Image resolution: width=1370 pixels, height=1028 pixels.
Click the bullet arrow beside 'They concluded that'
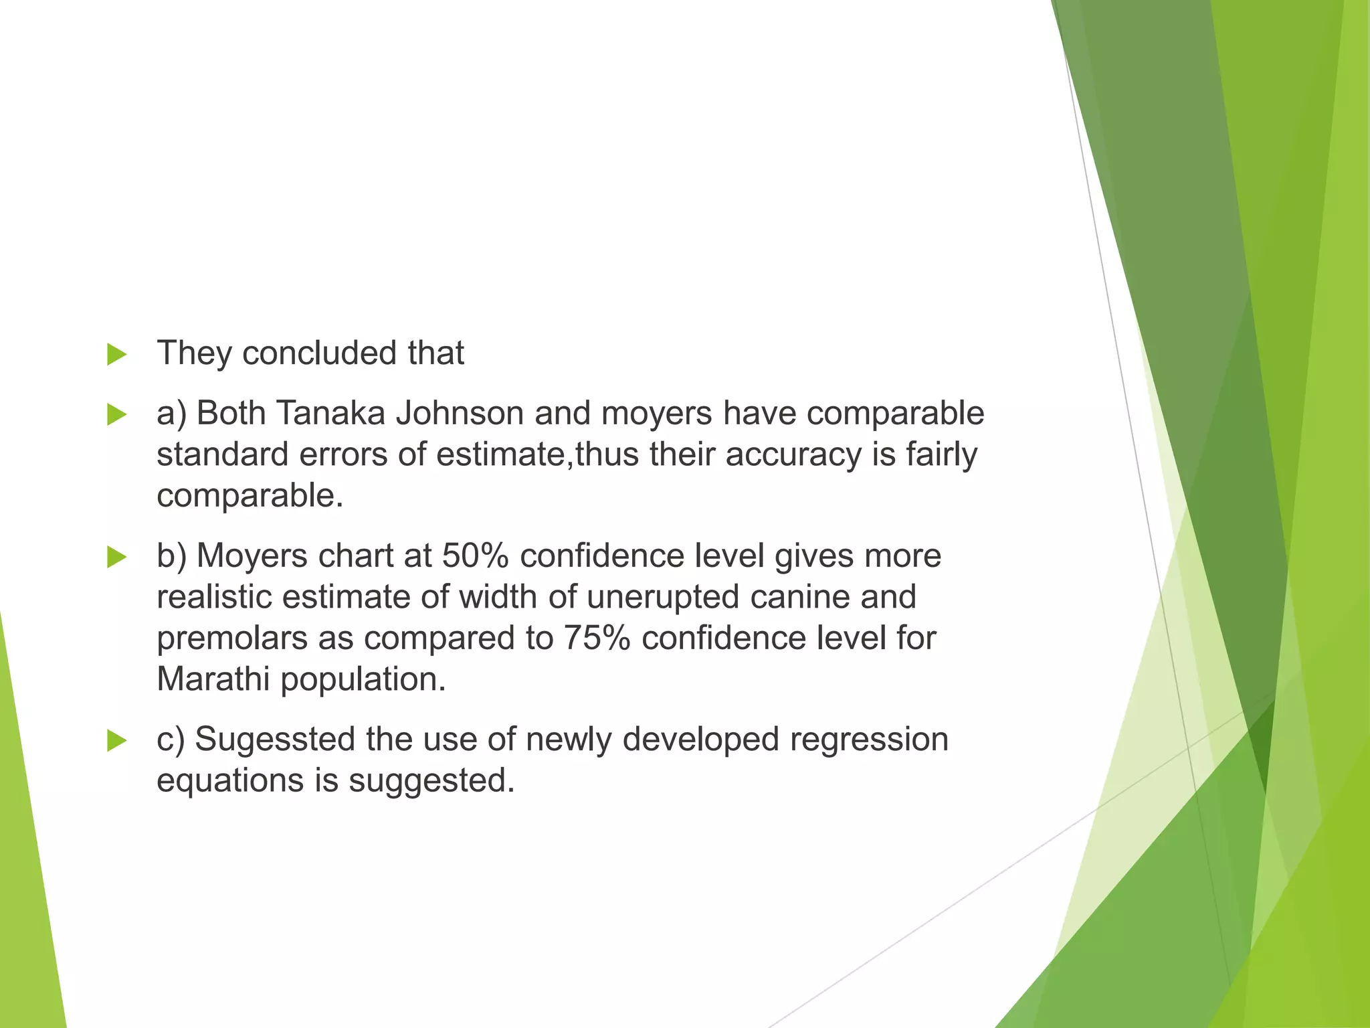tap(116, 354)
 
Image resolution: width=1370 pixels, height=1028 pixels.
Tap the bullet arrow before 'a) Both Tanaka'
tap(116, 414)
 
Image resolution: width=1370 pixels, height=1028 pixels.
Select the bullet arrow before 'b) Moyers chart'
tap(116, 557)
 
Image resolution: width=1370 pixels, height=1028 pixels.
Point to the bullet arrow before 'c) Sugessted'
tap(116, 740)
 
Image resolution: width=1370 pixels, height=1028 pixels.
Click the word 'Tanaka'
tap(330, 413)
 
